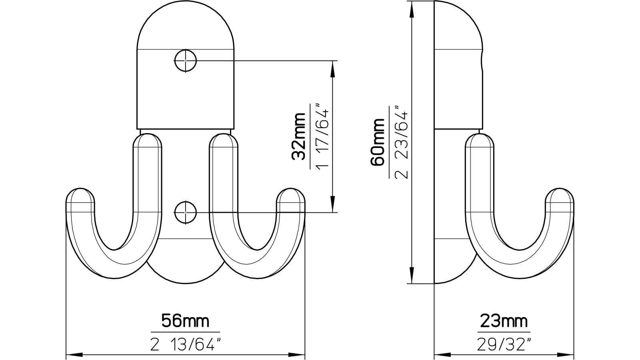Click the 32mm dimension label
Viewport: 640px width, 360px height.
[x=299, y=136]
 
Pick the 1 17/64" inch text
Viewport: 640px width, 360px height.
[x=322, y=136]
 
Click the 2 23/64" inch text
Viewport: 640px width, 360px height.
[x=401, y=142]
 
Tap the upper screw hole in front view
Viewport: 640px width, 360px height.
[x=185, y=61]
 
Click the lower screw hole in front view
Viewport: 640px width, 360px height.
[x=185, y=212]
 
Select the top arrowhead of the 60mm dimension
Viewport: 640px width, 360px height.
[x=412, y=8]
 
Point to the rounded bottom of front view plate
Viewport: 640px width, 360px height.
[x=185, y=276]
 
